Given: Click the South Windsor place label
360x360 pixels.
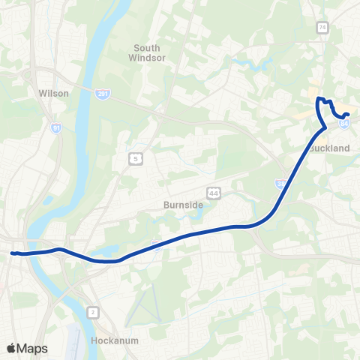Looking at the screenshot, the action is click(x=147, y=52).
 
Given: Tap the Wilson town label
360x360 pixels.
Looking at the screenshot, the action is click(x=53, y=94).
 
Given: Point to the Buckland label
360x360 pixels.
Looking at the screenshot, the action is click(x=330, y=148).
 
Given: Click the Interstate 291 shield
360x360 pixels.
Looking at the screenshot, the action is click(x=102, y=94).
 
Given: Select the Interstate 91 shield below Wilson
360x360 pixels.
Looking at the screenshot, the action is click(x=56, y=128).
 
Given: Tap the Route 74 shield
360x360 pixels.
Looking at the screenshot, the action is click(x=322, y=28).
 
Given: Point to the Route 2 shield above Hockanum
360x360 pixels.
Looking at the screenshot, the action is click(x=94, y=310).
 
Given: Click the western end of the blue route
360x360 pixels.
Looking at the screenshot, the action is click(x=11, y=253).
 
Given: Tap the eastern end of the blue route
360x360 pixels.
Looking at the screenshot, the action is click(x=348, y=114).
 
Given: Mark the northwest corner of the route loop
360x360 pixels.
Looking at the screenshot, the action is click(x=318, y=98).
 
